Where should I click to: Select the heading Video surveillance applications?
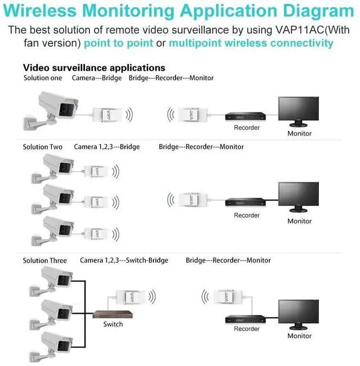[94, 68]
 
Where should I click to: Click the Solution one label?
[43, 78]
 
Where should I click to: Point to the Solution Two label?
[43, 147]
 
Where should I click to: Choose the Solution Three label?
[44, 260]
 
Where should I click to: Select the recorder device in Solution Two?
[246, 202]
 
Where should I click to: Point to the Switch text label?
[113, 324]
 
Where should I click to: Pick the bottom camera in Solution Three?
[55, 342]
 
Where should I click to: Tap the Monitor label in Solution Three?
[299, 336]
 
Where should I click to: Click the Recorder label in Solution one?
[246, 128]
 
